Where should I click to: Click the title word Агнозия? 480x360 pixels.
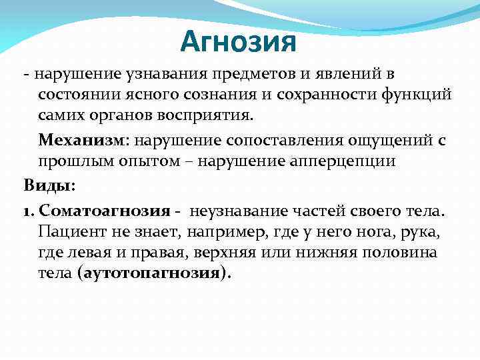(x=238, y=43)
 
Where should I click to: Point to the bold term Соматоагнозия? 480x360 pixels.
(x=105, y=211)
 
